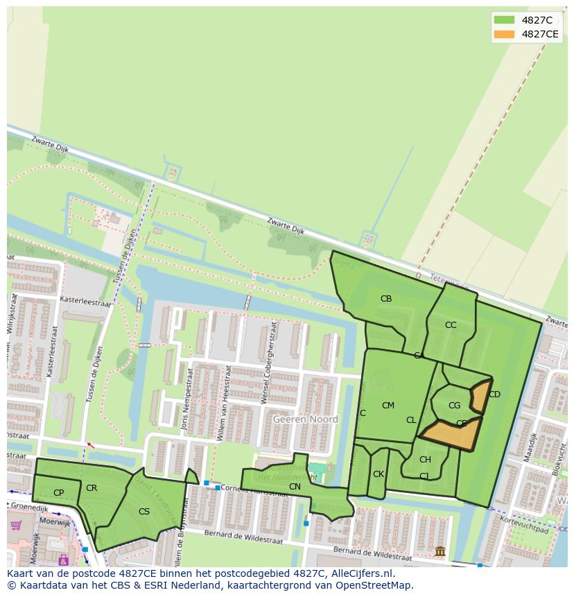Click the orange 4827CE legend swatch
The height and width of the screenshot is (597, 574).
pyautogui.click(x=504, y=34)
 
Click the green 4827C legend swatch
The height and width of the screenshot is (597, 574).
pyautogui.click(x=504, y=20)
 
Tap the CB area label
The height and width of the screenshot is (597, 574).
pyautogui.click(x=386, y=299)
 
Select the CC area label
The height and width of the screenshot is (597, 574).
pyautogui.click(x=451, y=325)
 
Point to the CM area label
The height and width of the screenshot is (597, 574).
pyautogui.click(x=388, y=406)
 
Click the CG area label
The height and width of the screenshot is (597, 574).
pyautogui.click(x=454, y=406)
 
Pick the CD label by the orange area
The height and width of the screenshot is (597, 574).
pyautogui.click(x=494, y=395)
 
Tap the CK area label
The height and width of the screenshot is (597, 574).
pyautogui.click(x=378, y=475)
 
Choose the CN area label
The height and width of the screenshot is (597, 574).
pyautogui.click(x=295, y=487)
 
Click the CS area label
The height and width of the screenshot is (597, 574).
pyautogui.click(x=143, y=512)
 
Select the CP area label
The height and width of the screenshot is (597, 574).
pyautogui.click(x=58, y=493)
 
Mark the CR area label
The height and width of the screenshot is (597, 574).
pyautogui.click(x=92, y=488)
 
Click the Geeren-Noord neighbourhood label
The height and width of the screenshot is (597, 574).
pyautogui.click(x=305, y=419)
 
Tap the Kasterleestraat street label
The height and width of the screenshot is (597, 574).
pyautogui.click(x=85, y=303)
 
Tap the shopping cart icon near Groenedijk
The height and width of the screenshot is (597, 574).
pyautogui.click(x=15, y=526)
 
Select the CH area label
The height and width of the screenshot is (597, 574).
pyautogui.click(x=425, y=460)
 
